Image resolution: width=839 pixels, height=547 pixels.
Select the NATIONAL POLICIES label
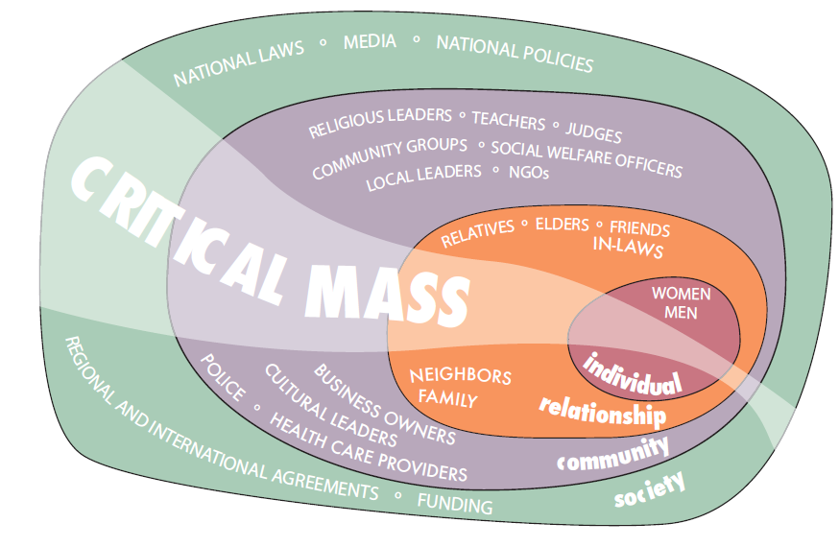coord(515,53)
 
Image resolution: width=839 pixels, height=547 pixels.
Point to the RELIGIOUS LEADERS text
coord(379,122)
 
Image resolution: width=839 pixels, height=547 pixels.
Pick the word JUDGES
coord(593,132)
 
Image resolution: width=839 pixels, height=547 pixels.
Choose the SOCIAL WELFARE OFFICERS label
coord(586,159)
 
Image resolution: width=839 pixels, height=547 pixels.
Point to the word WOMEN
coord(681,293)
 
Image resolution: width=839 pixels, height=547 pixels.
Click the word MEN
coord(681,313)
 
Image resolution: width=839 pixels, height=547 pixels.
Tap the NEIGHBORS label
coord(460,375)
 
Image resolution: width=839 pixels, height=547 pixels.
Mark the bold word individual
coord(633,375)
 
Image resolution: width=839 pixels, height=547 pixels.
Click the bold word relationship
coord(602,411)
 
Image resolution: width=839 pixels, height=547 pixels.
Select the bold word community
coord(613,452)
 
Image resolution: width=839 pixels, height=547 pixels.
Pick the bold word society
coord(651,489)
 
